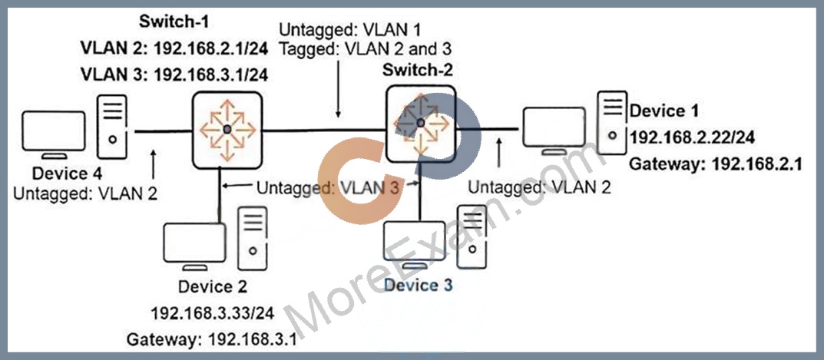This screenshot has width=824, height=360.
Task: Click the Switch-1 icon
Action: [x=227, y=130]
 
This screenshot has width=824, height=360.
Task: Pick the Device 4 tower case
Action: [x=112, y=126]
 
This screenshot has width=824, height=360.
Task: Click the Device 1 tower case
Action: [x=612, y=123]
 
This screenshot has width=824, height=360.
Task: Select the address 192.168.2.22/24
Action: [x=693, y=137]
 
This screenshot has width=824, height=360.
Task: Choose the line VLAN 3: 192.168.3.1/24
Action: [x=174, y=74]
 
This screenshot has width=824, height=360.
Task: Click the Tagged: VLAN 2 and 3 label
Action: [x=366, y=49]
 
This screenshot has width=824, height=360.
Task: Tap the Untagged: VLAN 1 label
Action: [x=350, y=28]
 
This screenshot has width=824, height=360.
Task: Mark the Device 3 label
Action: [x=419, y=286]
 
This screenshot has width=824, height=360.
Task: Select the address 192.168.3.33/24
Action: [x=213, y=313]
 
